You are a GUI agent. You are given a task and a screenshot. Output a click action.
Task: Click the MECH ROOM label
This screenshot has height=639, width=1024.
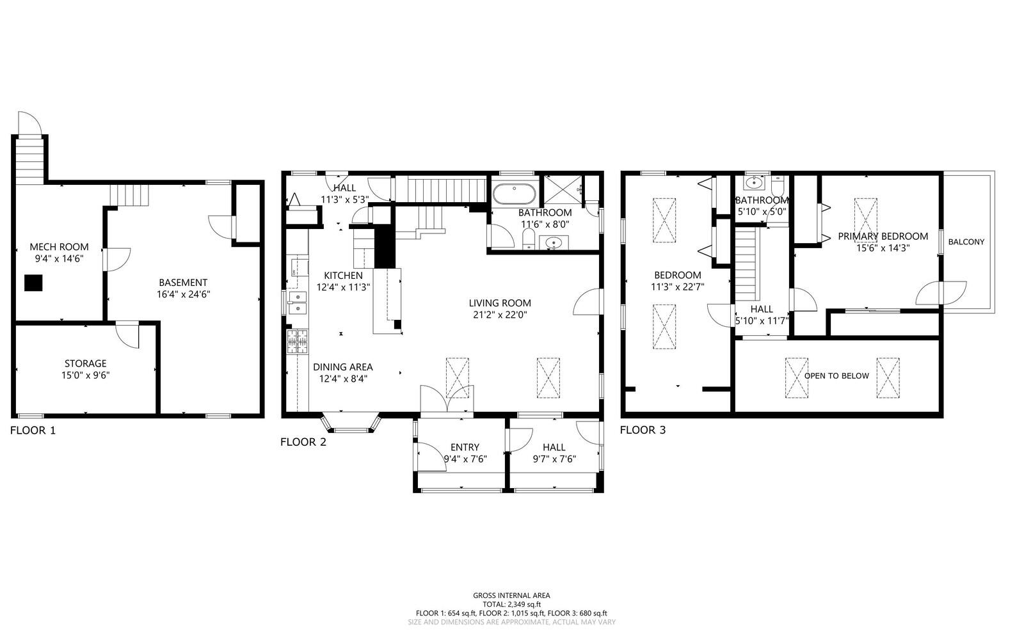[x=59, y=247]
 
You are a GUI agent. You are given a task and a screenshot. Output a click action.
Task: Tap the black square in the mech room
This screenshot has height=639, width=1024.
[x=34, y=283]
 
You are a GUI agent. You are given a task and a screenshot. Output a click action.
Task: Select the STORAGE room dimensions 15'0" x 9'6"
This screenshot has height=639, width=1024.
[x=85, y=375]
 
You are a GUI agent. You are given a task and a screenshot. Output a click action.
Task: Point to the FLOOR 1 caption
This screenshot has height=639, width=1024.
[x=33, y=430]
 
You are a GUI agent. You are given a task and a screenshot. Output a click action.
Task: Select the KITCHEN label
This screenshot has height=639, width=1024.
[x=343, y=276]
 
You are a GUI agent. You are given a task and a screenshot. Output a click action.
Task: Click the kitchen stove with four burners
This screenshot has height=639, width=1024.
[x=297, y=342]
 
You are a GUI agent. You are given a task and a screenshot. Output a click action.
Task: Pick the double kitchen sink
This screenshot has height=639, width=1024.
[x=297, y=303]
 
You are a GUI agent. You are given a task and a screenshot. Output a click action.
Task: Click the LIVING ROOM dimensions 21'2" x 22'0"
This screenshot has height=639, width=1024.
[x=500, y=315]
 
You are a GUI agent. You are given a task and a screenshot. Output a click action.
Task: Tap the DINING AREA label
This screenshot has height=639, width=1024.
[x=342, y=367]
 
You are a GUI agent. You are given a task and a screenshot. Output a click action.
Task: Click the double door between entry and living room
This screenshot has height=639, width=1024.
[x=447, y=400]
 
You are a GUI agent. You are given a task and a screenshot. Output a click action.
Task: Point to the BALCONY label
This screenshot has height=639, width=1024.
[x=966, y=242]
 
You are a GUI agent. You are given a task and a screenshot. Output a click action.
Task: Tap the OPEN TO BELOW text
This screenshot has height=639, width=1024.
[x=836, y=375]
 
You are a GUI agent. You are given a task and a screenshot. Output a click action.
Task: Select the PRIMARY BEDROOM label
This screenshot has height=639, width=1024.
[x=883, y=236]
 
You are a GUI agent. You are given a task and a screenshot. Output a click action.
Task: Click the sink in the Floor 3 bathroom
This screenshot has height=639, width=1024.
[x=755, y=183]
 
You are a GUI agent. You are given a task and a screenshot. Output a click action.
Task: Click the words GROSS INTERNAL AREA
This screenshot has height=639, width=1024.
[x=511, y=596]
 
